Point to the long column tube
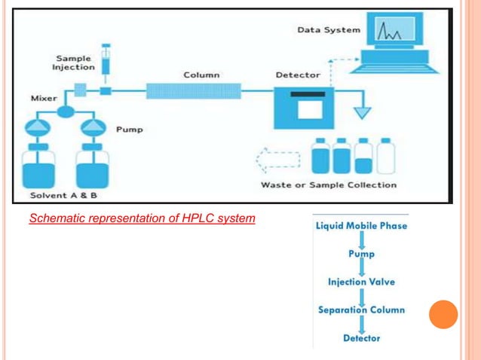pos(194,92)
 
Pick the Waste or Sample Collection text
pos(328,185)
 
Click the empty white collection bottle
pos(386,157)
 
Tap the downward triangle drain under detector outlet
pos(363,112)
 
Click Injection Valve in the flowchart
pos(361,282)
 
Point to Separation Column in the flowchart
pos(361,310)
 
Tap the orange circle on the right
pos(444,314)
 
